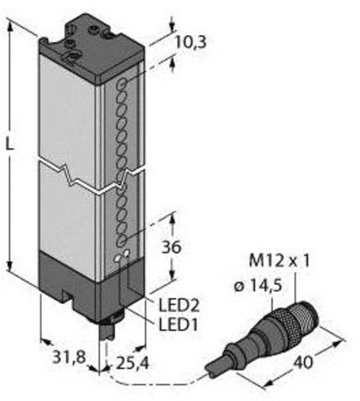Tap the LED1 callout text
click(178, 325)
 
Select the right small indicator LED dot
click(127, 254)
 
